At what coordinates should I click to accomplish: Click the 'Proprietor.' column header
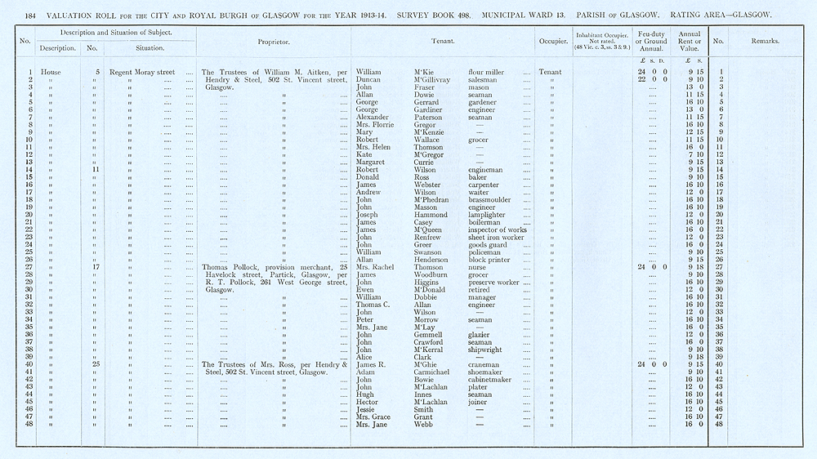coord(274,41)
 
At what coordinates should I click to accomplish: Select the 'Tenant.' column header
coord(443,41)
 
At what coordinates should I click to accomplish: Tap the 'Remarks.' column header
coord(765,41)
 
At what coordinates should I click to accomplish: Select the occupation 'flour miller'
coord(486,72)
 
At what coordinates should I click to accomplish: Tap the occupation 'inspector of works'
coord(498,229)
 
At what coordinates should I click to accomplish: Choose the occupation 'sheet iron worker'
coord(496,237)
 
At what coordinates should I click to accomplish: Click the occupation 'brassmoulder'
coord(491,199)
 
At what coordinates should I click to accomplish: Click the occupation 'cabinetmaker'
coord(491,379)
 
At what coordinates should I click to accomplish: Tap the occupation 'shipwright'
coord(487,350)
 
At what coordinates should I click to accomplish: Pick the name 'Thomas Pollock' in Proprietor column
coord(228,267)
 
